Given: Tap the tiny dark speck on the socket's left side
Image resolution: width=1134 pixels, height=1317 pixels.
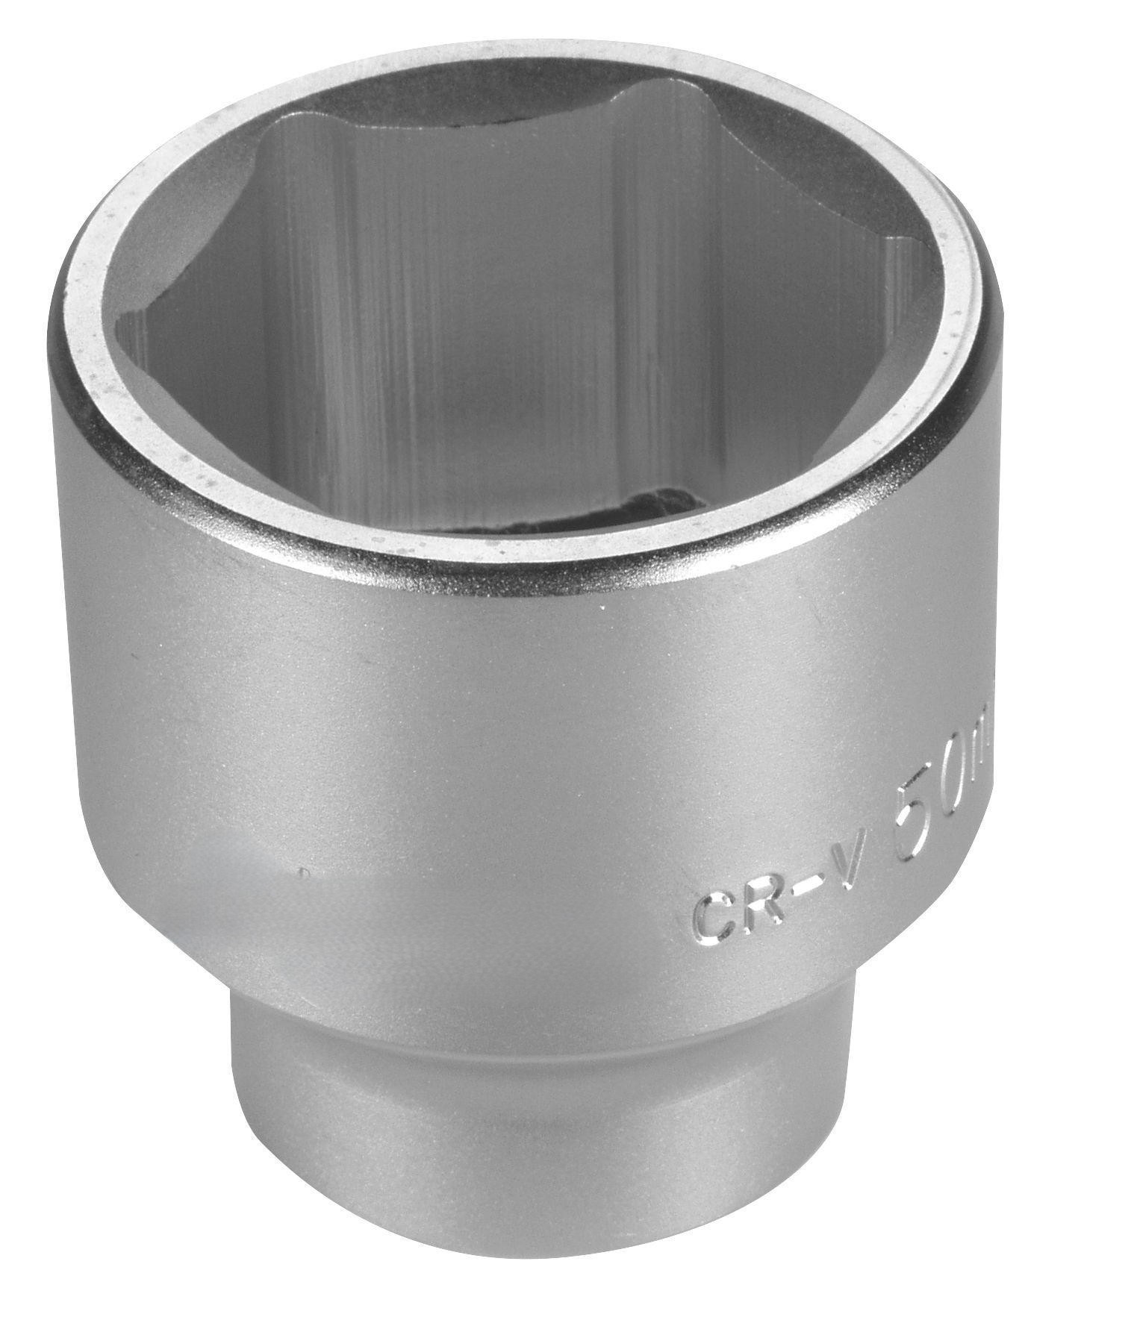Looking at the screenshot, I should [x=300, y=871].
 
